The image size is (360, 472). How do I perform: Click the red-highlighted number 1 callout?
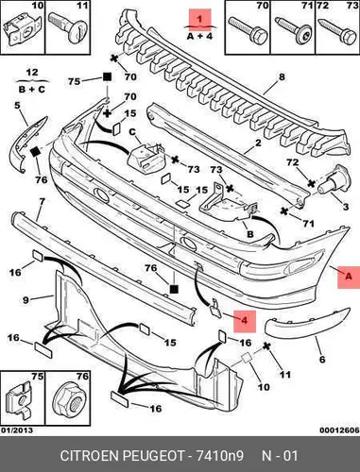coord(200,19)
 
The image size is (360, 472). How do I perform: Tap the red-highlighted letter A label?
coord(349,278)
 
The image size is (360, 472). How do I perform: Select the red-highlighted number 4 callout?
coord(244,321)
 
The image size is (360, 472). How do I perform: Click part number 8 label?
coord(282,76)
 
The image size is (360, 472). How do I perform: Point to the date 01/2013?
coord(17,430)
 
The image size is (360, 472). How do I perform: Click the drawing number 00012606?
coord(339,430)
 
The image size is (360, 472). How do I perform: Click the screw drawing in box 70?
coord(249,29)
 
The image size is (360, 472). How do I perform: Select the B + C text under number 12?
coord(32,90)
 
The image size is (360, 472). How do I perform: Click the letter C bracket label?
coord(132,132)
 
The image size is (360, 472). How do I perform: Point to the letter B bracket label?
coord(250,234)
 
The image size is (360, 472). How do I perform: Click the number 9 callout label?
coord(26,300)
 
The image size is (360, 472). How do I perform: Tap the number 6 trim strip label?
coord(322,360)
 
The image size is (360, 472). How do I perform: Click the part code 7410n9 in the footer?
coord(220,456)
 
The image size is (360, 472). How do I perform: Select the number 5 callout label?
coord(17,105)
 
